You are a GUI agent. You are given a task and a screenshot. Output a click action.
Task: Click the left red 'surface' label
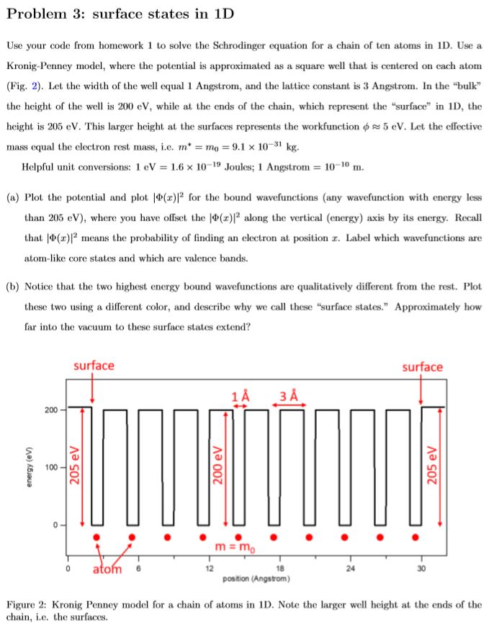click(x=94, y=366)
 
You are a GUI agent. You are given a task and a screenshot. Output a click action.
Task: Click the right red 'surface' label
click(x=422, y=367)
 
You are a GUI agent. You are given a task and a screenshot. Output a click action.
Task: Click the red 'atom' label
click(x=108, y=570)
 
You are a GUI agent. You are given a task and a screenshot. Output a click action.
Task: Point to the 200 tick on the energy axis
click(x=50, y=410)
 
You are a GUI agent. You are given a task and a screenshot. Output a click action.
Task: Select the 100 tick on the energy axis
click(x=50, y=467)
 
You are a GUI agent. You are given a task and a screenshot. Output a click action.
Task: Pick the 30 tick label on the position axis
click(x=422, y=568)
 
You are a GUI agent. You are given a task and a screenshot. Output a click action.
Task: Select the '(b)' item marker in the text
click(x=13, y=286)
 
